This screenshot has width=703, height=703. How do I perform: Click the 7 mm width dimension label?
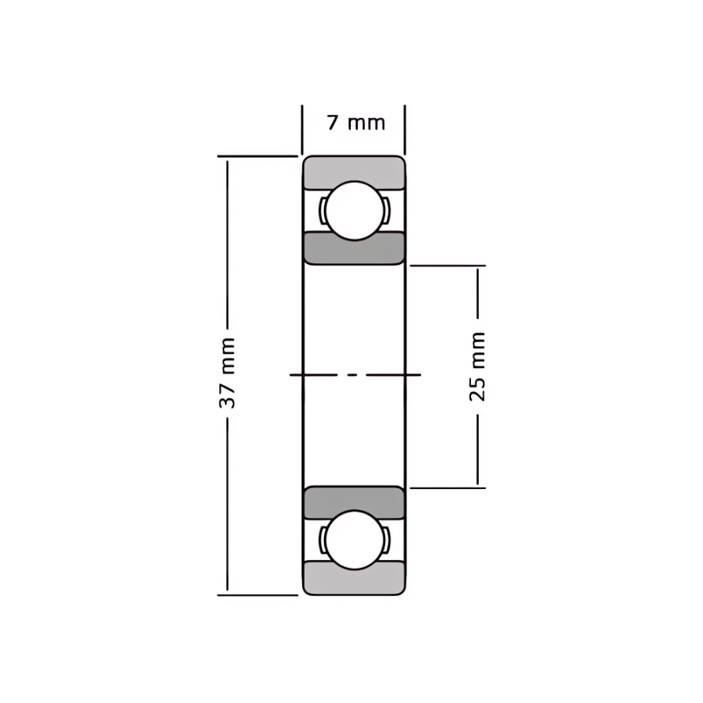click(356, 123)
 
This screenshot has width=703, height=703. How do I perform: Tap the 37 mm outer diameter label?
click(227, 373)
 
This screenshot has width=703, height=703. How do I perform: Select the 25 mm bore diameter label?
click(477, 367)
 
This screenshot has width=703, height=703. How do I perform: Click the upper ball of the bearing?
click(355, 210)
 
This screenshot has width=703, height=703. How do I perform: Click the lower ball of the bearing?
click(355, 540)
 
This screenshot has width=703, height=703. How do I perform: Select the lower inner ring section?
click(354, 501)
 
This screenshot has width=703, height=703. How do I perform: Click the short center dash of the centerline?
click(353, 374)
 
